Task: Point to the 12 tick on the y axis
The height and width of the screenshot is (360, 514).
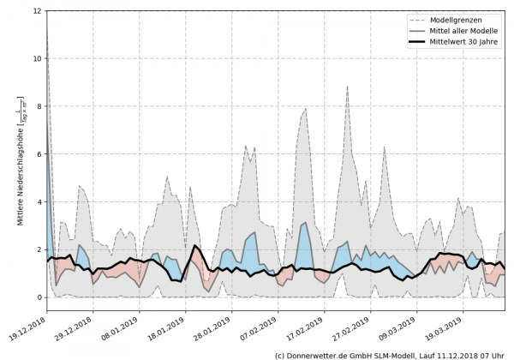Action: [37, 11]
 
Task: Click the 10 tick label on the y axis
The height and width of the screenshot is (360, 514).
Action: [37, 59]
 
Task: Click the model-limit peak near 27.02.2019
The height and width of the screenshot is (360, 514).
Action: [347, 87]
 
